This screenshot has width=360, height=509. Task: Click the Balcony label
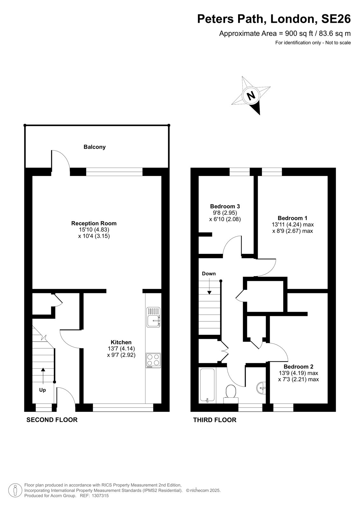[95, 147]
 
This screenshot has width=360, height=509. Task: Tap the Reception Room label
[94, 223]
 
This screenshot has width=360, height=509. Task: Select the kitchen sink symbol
[153, 317]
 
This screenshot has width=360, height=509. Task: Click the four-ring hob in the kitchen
[153, 360]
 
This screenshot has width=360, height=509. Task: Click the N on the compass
[251, 95]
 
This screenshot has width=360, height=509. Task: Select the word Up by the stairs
[43, 390]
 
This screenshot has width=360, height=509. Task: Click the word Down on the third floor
[209, 274]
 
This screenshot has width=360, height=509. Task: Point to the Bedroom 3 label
[225, 206]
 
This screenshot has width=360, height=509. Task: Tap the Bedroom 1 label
[293, 218]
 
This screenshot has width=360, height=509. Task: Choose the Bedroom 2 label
[298, 366]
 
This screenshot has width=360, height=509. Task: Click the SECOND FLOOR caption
[52, 420]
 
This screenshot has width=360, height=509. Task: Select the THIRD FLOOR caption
[215, 420]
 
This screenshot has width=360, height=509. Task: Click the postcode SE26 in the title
[336, 19]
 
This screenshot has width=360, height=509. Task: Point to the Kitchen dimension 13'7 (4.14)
[121, 349]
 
